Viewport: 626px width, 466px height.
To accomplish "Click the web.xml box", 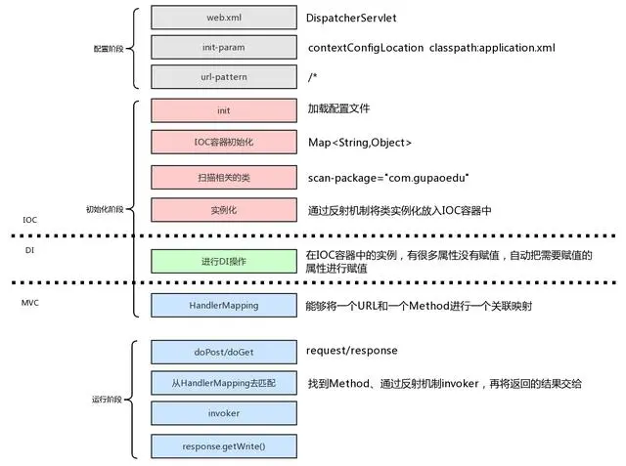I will (223, 17).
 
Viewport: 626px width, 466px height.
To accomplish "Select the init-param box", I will (223, 47).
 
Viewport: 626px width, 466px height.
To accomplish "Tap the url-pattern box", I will (223, 77).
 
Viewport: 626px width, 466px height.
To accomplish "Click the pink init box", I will (223, 111).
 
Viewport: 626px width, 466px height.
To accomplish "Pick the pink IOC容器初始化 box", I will (223, 144).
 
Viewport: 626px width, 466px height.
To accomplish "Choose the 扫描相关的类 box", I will (223, 177).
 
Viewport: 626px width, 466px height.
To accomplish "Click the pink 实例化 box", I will (223, 210).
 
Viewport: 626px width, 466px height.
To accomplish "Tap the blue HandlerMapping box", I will (223, 305).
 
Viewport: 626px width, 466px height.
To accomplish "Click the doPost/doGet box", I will (223, 351).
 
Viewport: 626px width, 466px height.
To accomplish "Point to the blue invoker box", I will (223, 414).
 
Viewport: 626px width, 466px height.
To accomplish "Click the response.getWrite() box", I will (223, 446).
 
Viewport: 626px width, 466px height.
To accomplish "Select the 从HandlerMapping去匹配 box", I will (223, 383).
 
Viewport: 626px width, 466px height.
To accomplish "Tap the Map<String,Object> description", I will (359, 144).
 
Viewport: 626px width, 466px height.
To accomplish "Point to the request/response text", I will (352, 350).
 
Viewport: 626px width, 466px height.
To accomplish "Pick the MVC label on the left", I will (30, 303).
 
